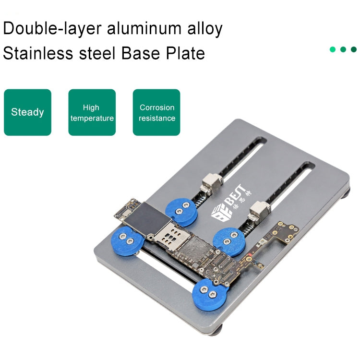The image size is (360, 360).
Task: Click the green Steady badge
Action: coord(27,112)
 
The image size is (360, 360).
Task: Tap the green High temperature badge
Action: coord(92,112)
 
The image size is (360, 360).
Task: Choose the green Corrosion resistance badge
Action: coord(156,112)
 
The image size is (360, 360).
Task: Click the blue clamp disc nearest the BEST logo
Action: coord(181,212)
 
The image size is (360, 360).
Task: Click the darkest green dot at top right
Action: coord(354,49)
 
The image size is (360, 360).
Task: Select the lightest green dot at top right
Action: coord(332,49)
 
